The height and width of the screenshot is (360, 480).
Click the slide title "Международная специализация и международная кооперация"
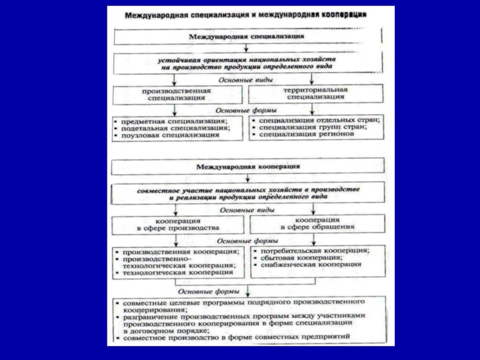246,14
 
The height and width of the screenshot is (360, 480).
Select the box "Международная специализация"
245,37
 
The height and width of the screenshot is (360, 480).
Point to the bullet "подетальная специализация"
175,128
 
